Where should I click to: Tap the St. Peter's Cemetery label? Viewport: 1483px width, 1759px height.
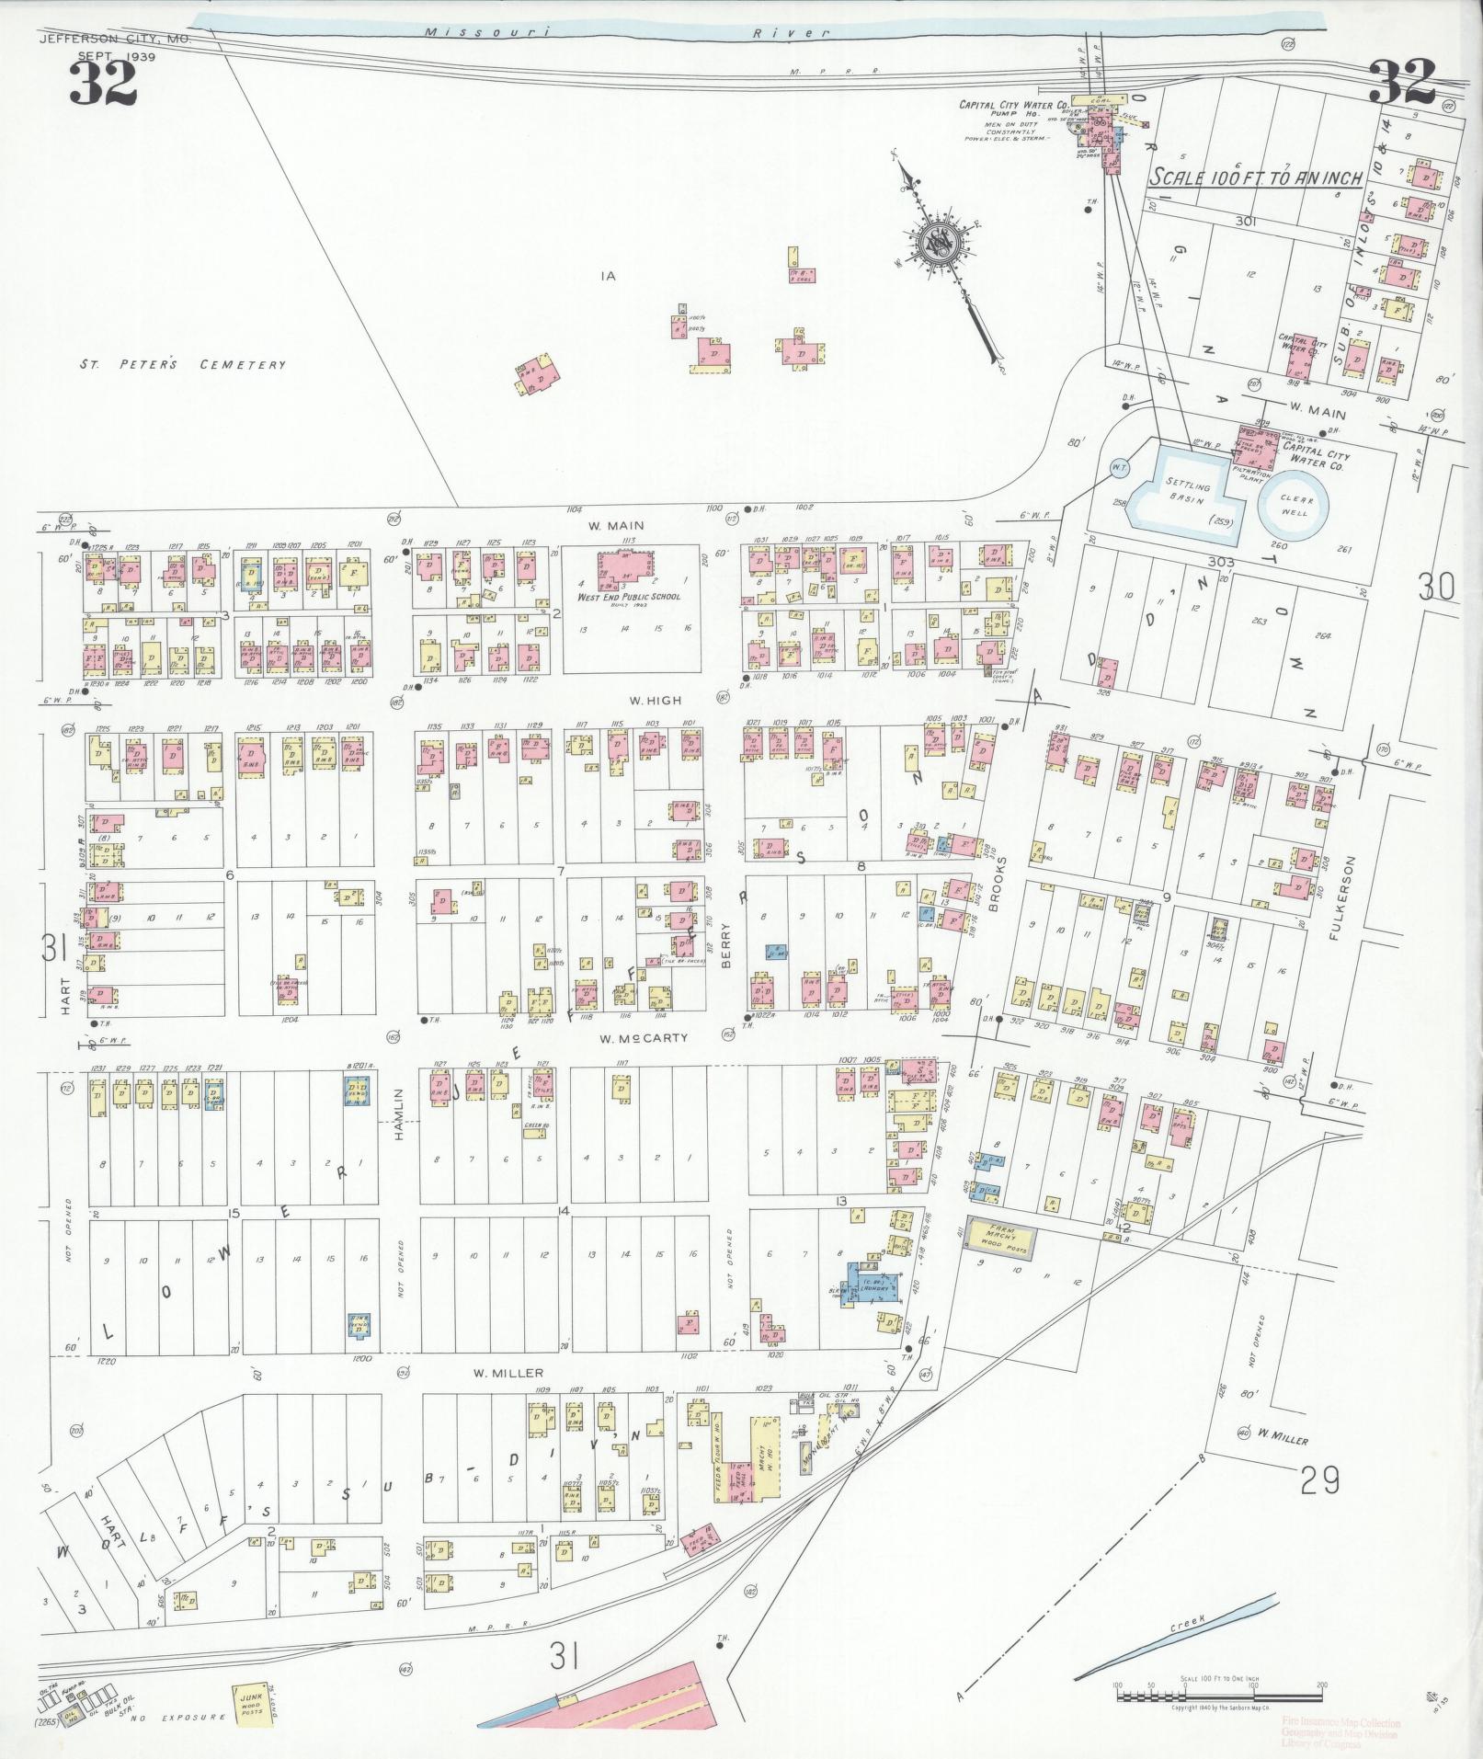click(x=182, y=365)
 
